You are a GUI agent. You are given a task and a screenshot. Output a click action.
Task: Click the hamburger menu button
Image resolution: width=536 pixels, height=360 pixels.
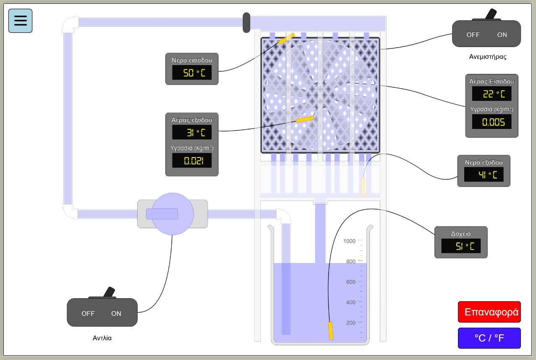point(20,21)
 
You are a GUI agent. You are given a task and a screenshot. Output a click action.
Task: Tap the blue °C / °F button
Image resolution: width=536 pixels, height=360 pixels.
point(489,338)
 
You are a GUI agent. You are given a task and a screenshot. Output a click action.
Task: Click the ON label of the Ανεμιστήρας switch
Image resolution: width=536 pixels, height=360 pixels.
point(502,35)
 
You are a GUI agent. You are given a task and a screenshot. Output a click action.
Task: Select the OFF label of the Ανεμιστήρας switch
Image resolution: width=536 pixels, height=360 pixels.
point(473,35)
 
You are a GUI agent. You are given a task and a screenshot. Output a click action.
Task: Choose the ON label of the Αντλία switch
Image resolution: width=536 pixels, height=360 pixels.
point(116,313)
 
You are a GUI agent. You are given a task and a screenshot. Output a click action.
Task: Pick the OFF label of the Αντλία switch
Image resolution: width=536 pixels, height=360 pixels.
point(88,313)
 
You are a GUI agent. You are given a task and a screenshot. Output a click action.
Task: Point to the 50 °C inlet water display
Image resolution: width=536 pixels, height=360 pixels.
point(192,73)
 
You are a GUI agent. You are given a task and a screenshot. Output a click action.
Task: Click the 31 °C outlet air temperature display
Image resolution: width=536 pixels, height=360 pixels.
point(192,132)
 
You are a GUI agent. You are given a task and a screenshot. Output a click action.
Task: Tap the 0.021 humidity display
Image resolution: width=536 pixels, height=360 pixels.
point(192,160)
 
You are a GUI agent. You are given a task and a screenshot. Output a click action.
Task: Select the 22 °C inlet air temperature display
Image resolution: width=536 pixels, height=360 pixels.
point(492,94)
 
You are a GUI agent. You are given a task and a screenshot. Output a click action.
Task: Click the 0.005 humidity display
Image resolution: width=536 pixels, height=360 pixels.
point(492,122)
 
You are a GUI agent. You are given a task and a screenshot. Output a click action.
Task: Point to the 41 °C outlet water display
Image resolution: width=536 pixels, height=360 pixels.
point(484,174)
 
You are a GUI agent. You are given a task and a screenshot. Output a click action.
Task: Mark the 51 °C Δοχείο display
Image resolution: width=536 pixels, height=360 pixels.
point(461,246)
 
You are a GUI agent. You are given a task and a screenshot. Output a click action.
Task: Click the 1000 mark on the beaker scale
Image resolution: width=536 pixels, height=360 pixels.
point(349,241)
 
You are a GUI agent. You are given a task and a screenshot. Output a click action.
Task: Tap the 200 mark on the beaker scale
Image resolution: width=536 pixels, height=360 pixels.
point(350,323)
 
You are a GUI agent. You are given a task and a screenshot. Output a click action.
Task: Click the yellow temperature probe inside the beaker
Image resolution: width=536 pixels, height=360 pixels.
point(331,330)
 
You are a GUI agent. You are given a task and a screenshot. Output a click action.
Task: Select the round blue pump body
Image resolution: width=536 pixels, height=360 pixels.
point(173,214)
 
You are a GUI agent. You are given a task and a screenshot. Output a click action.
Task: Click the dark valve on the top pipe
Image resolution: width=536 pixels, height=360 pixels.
point(246,23)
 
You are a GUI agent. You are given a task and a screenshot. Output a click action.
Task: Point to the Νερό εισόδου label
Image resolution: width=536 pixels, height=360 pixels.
point(192,60)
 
